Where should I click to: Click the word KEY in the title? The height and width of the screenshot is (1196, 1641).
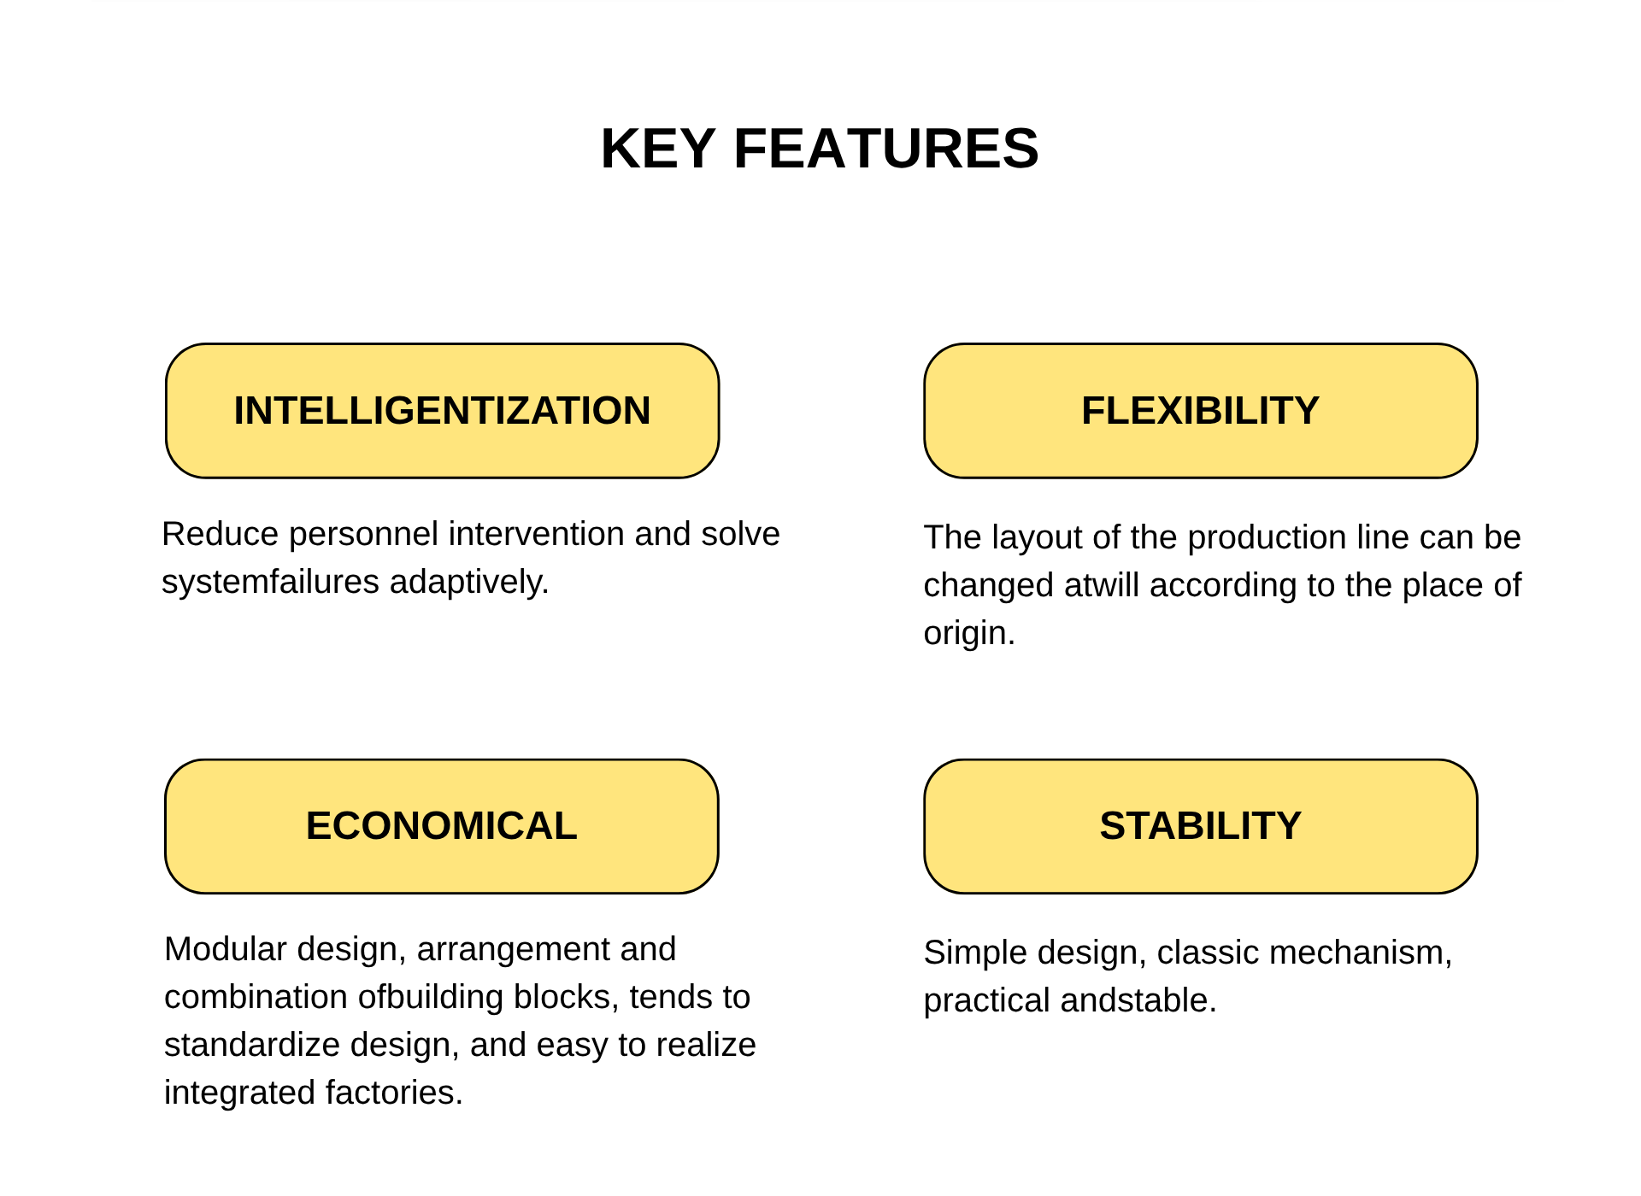(x=658, y=149)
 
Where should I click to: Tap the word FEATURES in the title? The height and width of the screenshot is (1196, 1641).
(x=886, y=149)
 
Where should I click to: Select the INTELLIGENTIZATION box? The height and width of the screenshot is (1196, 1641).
(x=442, y=411)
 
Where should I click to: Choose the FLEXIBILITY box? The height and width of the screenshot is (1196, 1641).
(x=1201, y=411)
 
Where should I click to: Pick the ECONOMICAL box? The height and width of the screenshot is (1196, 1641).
(x=442, y=826)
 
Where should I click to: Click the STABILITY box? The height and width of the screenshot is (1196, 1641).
(x=1201, y=826)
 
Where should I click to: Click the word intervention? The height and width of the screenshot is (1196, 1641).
(x=538, y=534)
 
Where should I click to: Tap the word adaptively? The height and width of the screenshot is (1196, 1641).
(x=469, y=583)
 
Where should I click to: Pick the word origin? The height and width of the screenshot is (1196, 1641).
(x=969, y=634)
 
